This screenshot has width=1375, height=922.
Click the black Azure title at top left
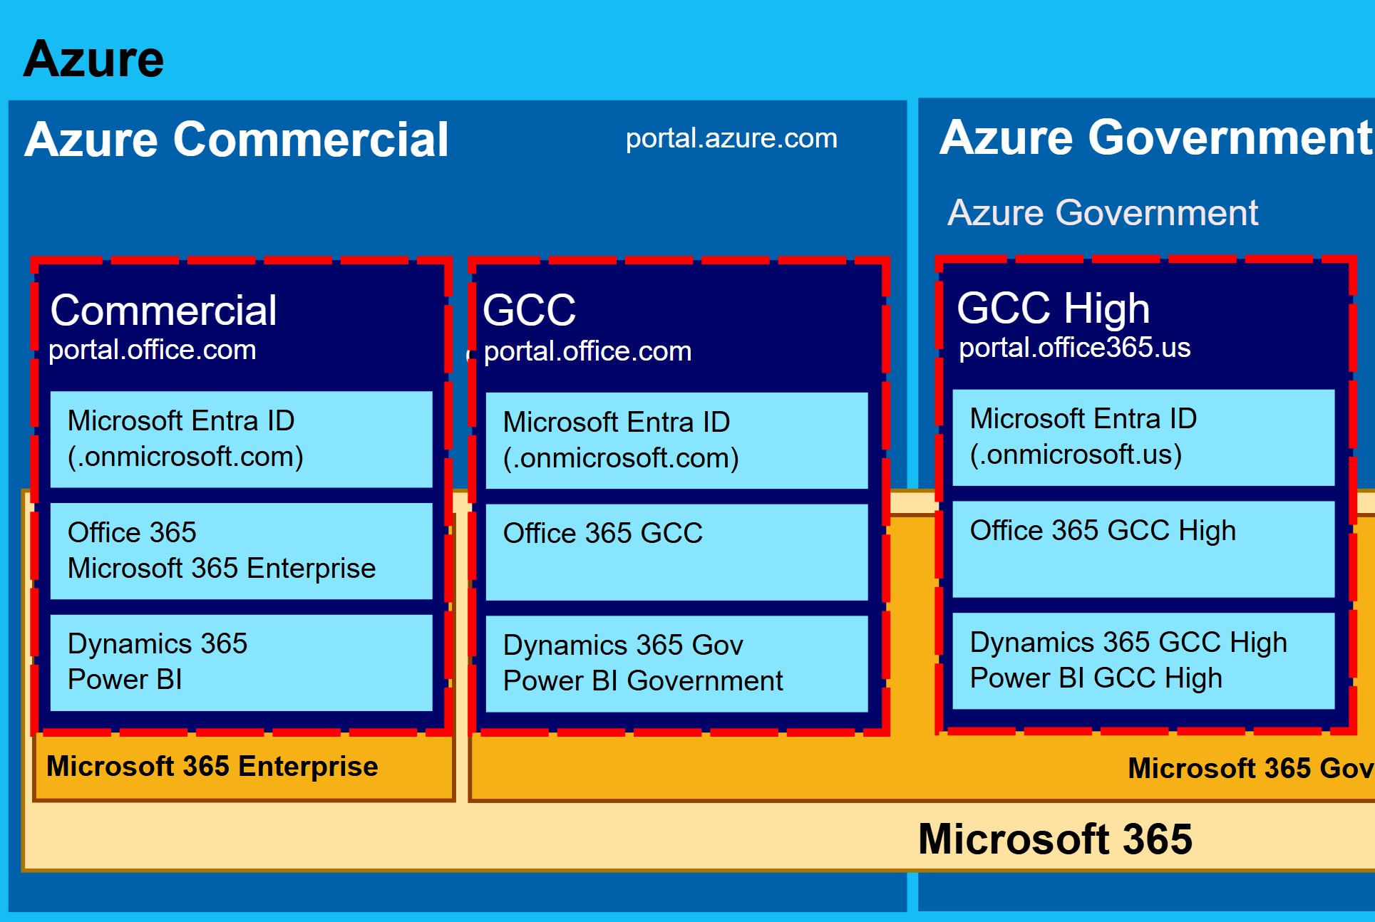coord(93,59)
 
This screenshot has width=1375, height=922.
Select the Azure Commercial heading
coord(236,139)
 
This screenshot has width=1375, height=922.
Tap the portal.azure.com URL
coord(731,138)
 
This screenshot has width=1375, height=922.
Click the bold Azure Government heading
coord(1155,137)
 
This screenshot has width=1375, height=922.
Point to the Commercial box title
coord(163,311)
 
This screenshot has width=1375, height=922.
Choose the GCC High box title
coord(1053,309)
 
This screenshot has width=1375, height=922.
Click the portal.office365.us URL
coord(1074,348)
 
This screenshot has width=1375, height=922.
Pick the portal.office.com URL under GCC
coord(587,351)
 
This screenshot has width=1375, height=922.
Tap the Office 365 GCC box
coord(676,552)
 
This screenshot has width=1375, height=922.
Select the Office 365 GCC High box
coord(1143,549)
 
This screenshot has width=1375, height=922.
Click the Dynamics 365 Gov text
coord(623,646)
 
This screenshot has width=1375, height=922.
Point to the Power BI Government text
coord(642,681)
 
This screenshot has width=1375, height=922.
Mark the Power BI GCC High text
coord(1096,678)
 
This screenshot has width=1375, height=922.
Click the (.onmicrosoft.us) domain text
coord(1076,455)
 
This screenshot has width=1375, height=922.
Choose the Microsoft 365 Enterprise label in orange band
coord(212,767)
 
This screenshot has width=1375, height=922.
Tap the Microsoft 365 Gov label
coord(1250,769)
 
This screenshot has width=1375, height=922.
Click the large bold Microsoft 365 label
coord(1054,839)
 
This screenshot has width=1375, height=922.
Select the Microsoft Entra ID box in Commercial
coord(241,439)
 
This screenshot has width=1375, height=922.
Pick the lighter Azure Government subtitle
coord(1102,213)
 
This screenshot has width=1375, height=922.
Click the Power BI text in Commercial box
coord(125,680)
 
